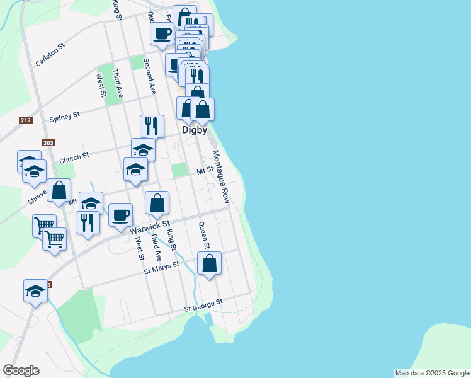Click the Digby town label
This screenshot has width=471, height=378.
(194, 130)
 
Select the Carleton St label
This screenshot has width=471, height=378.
(51, 55)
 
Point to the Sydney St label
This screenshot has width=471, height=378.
(64, 117)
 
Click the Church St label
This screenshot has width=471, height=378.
(74, 157)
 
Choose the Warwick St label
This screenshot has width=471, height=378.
(150, 227)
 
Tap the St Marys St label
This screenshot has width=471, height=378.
(162, 268)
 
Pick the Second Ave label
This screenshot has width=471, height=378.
(149, 76)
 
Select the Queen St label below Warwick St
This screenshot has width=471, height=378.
(204, 234)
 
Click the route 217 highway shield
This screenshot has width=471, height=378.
(26, 120)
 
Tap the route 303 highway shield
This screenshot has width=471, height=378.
(48, 143)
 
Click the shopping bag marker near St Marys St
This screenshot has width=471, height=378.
(210, 263)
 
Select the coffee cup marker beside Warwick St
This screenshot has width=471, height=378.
(121, 215)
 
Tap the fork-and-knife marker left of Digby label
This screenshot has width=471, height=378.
(151, 126)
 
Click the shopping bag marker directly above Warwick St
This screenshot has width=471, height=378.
(157, 203)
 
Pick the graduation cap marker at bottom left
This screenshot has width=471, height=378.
(36, 290)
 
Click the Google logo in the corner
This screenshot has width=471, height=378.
(21, 370)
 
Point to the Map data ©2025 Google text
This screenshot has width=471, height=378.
(432, 373)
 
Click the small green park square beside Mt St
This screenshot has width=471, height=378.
(180, 169)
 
